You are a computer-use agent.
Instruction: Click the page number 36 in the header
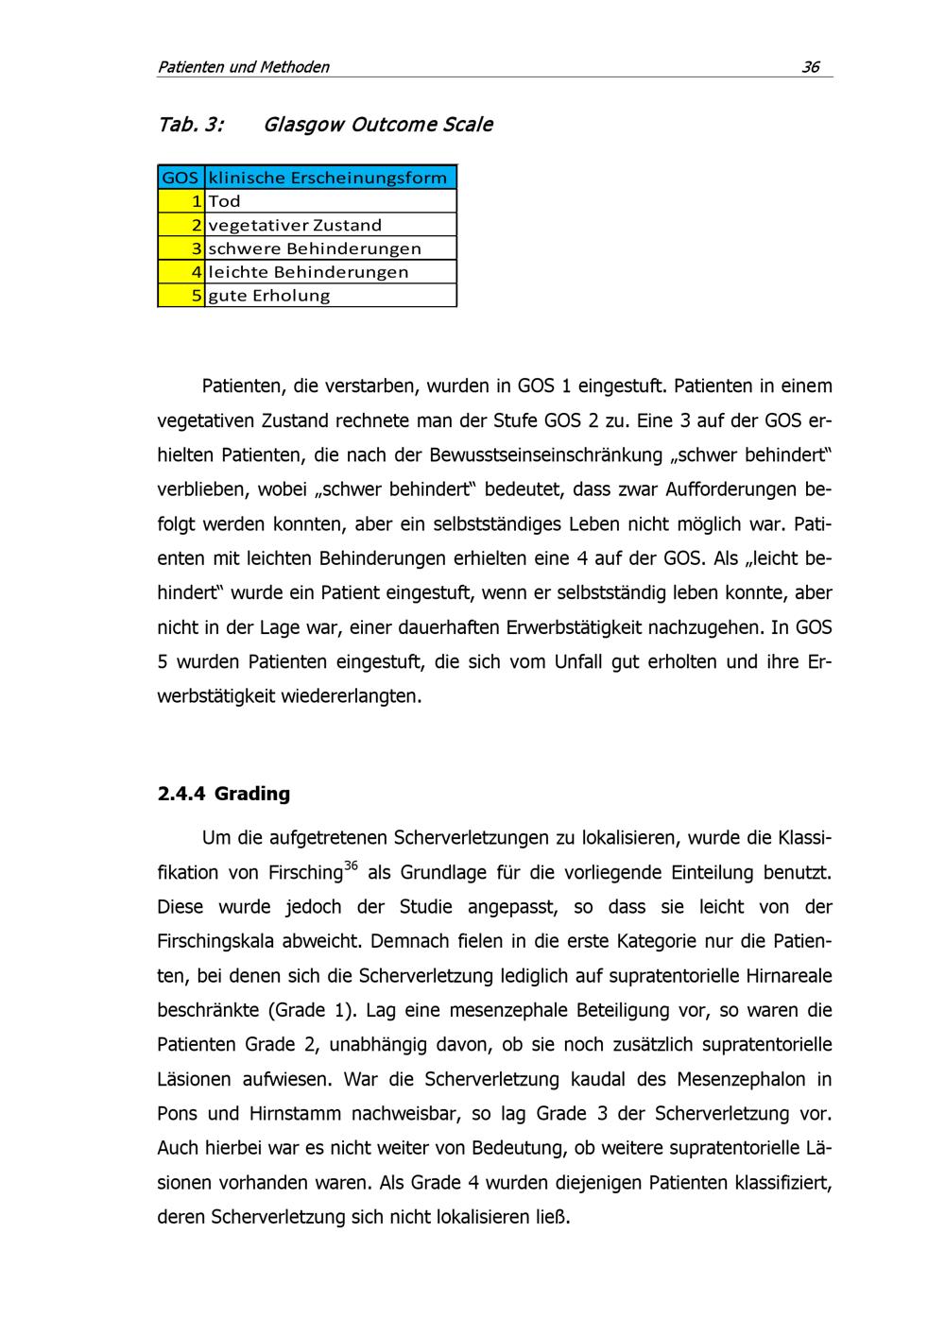click(811, 66)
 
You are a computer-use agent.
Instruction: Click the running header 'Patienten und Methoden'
click(243, 66)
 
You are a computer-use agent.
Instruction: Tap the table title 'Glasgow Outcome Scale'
click(378, 125)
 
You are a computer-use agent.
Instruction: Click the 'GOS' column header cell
click(180, 178)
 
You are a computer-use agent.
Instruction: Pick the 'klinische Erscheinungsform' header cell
click(328, 178)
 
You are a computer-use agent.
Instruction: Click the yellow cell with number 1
click(181, 201)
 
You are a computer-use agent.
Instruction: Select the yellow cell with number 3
click(181, 248)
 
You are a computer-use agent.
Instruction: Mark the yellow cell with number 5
click(181, 296)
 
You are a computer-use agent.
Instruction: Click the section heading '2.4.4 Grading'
click(224, 794)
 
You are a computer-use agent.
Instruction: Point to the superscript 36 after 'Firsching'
click(351, 865)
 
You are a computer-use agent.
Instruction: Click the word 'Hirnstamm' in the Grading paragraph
click(295, 1113)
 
